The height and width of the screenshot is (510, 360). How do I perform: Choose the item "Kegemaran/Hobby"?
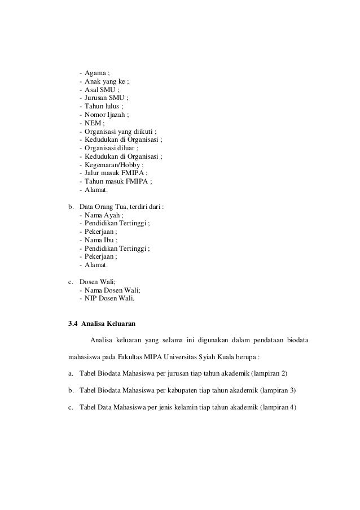pos(112,164)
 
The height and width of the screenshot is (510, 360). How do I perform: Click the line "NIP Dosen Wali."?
pos(110,299)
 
